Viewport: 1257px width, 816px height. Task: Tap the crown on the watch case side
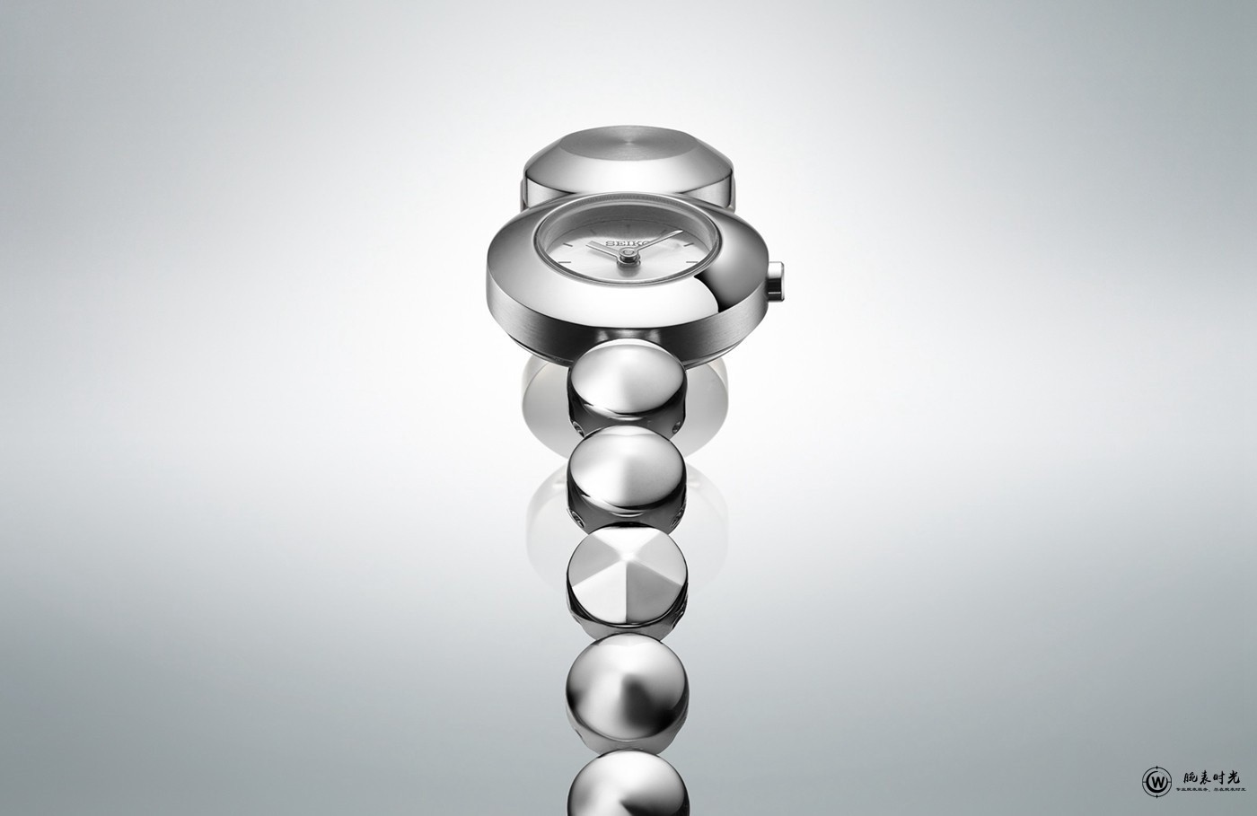[x=777, y=277]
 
